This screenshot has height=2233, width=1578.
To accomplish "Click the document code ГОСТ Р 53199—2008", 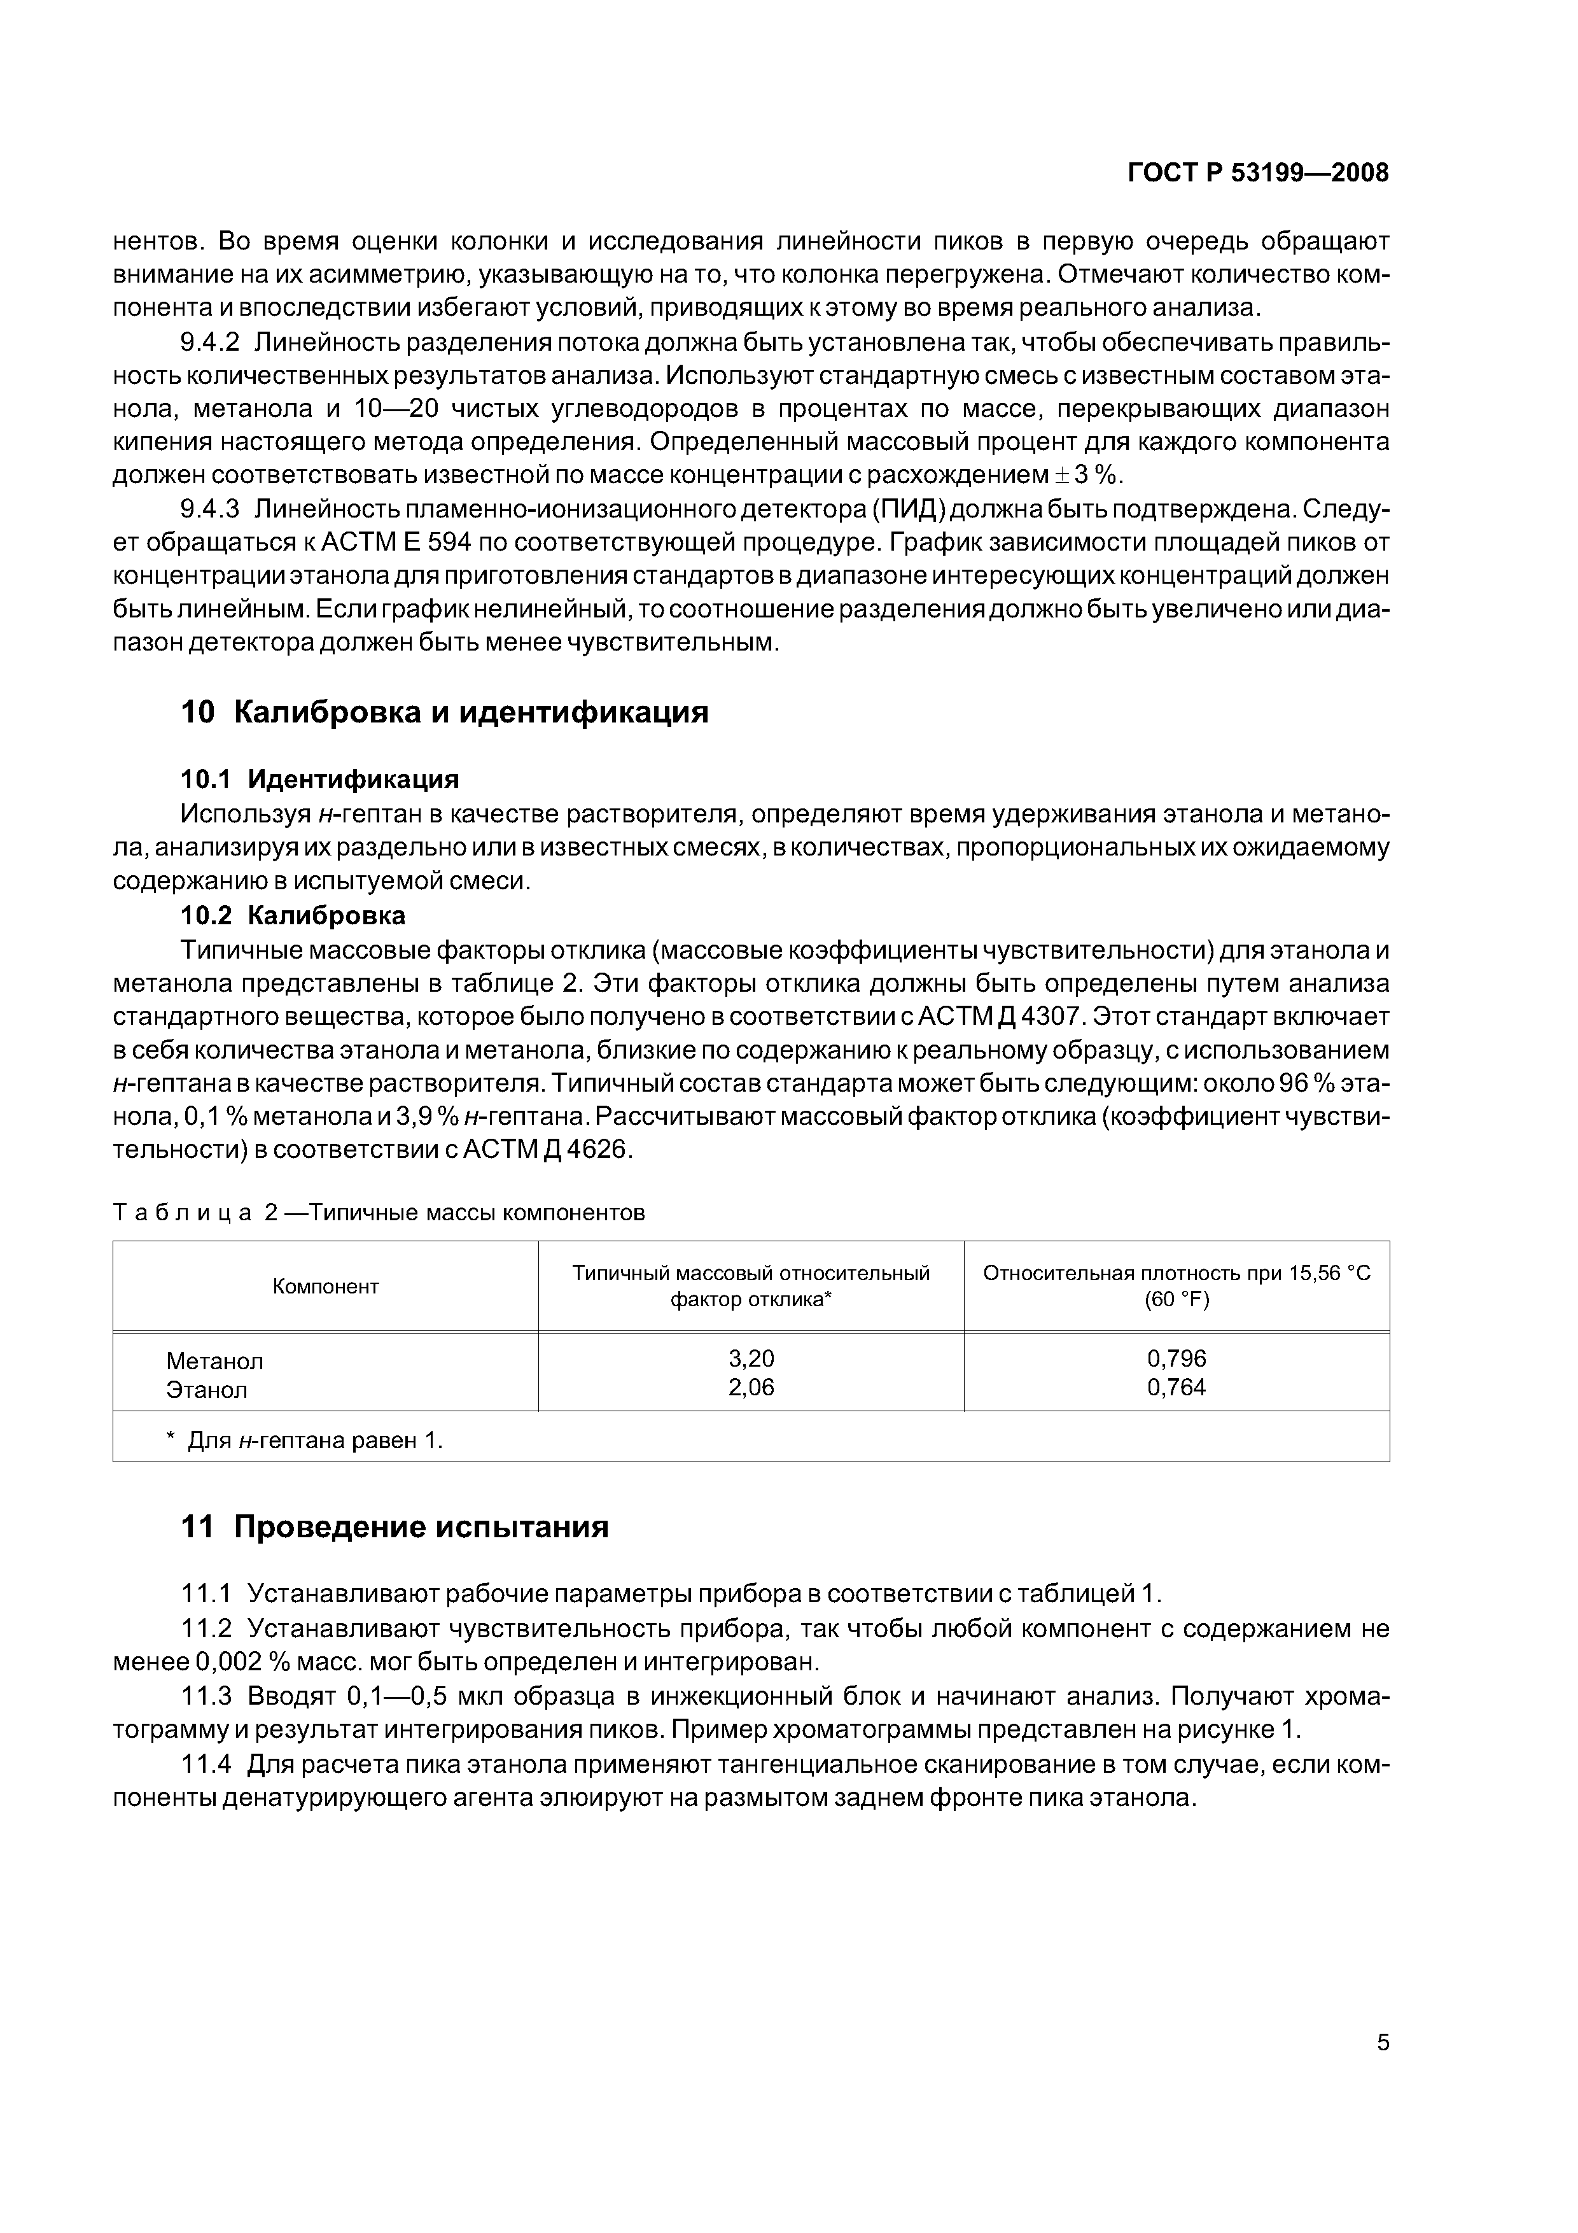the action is click(x=1257, y=173).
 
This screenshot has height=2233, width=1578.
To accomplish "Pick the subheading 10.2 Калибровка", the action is click(x=293, y=915).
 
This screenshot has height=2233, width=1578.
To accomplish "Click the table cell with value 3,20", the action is click(x=751, y=1358).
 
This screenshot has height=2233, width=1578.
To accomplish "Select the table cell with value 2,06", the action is click(x=751, y=1388).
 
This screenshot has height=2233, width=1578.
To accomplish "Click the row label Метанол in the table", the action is click(x=215, y=1360).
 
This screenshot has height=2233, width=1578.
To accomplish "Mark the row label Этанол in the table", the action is click(x=207, y=1390).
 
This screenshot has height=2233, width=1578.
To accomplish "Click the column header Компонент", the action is click(x=326, y=1286).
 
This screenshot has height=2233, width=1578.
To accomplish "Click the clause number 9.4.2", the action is click(x=210, y=342).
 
